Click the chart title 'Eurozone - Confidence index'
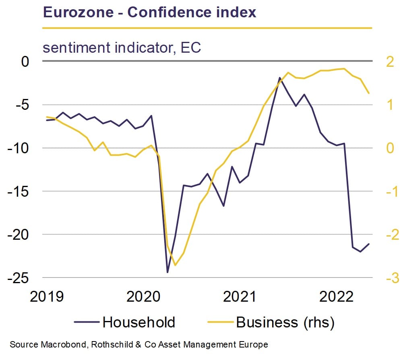point(149,12)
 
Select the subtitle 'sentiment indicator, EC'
point(122,48)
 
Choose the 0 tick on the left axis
point(25,62)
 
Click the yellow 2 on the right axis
point(389,62)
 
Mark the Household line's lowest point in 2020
point(167,272)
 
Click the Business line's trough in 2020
point(175,265)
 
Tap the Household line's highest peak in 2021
point(279,78)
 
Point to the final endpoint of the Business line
point(369,93)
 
